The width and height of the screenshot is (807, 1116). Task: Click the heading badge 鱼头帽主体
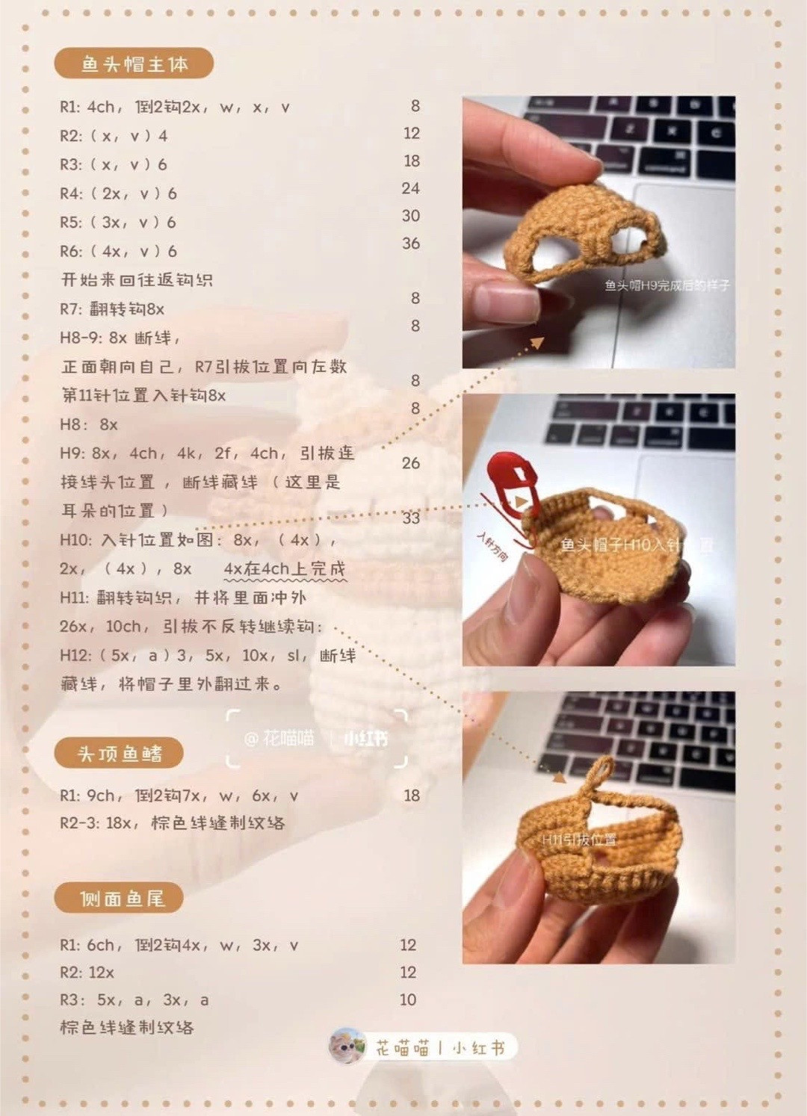tap(134, 64)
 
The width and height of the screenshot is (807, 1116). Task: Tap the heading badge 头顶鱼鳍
tap(119, 754)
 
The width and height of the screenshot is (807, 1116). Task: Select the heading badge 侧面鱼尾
tap(120, 898)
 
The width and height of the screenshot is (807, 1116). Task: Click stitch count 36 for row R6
tap(411, 244)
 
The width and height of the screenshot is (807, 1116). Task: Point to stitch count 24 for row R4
tap(410, 188)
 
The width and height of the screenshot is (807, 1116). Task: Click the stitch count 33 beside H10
tap(411, 518)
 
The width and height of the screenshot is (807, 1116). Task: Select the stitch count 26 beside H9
tap(410, 463)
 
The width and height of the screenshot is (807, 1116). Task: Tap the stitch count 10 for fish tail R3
tap(408, 999)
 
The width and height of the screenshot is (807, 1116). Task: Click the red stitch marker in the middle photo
tap(510, 482)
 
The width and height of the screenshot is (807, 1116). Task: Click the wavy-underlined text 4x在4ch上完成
tap(285, 569)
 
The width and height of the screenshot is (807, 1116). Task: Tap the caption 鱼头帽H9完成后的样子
tap(667, 285)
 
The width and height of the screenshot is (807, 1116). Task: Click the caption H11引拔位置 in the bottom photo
tap(579, 840)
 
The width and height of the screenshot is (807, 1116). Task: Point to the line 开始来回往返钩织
tap(137, 280)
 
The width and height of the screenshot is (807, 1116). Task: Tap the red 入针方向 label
tap(492, 547)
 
